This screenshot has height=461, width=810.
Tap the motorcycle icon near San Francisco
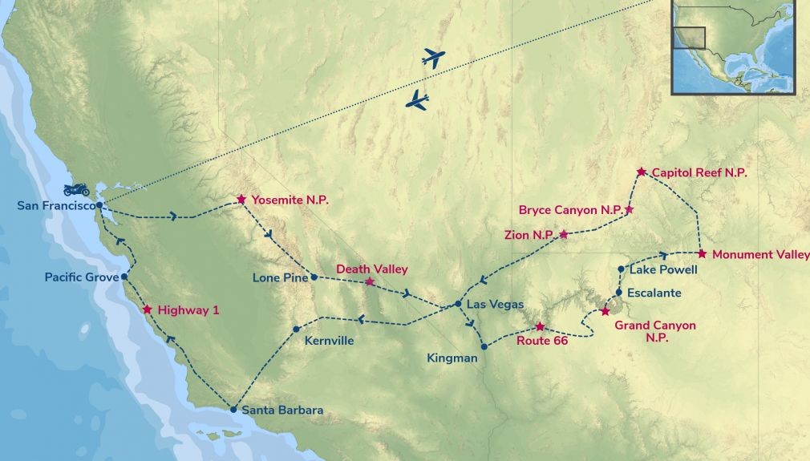[76, 190]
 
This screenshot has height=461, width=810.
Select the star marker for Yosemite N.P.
[241, 199]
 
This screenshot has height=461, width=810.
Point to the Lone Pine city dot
[314, 277]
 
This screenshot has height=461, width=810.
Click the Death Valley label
[371, 269]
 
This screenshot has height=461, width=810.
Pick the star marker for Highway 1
[147, 309]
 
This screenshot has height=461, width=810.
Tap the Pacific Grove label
[81, 277]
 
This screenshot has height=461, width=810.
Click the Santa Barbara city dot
[233, 410]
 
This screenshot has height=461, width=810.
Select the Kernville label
[329, 341]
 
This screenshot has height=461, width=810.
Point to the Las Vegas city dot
[457, 304]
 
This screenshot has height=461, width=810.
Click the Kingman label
[452, 358]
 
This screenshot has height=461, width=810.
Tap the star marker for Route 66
[540, 327]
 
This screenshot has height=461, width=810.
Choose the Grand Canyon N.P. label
[654, 332]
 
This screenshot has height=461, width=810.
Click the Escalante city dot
[619, 292]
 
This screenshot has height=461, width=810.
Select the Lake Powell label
[658, 270]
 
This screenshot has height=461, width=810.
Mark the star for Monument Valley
[702, 254]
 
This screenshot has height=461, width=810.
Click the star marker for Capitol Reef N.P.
[642, 172]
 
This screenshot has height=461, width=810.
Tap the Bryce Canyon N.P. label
[570, 211]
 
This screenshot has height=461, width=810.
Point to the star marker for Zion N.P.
[564, 234]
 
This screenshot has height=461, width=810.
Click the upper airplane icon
[433, 58]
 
